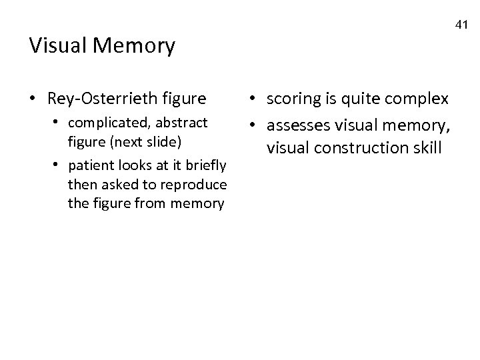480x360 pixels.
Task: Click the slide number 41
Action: point(462,25)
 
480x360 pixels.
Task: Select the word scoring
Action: point(293,99)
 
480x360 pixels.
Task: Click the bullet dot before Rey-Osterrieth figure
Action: point(34,99)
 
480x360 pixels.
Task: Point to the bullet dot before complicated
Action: point(59,123)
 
